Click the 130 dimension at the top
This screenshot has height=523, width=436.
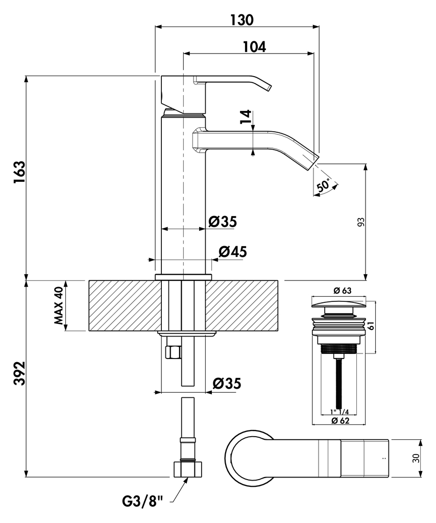(241, 19)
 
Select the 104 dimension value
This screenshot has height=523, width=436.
(254, 46)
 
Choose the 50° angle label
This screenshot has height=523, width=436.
(323, 185)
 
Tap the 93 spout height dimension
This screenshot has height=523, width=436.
(360, 222)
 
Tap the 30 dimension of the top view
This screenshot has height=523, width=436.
(416, 458)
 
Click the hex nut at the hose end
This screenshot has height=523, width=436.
(188, 469)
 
